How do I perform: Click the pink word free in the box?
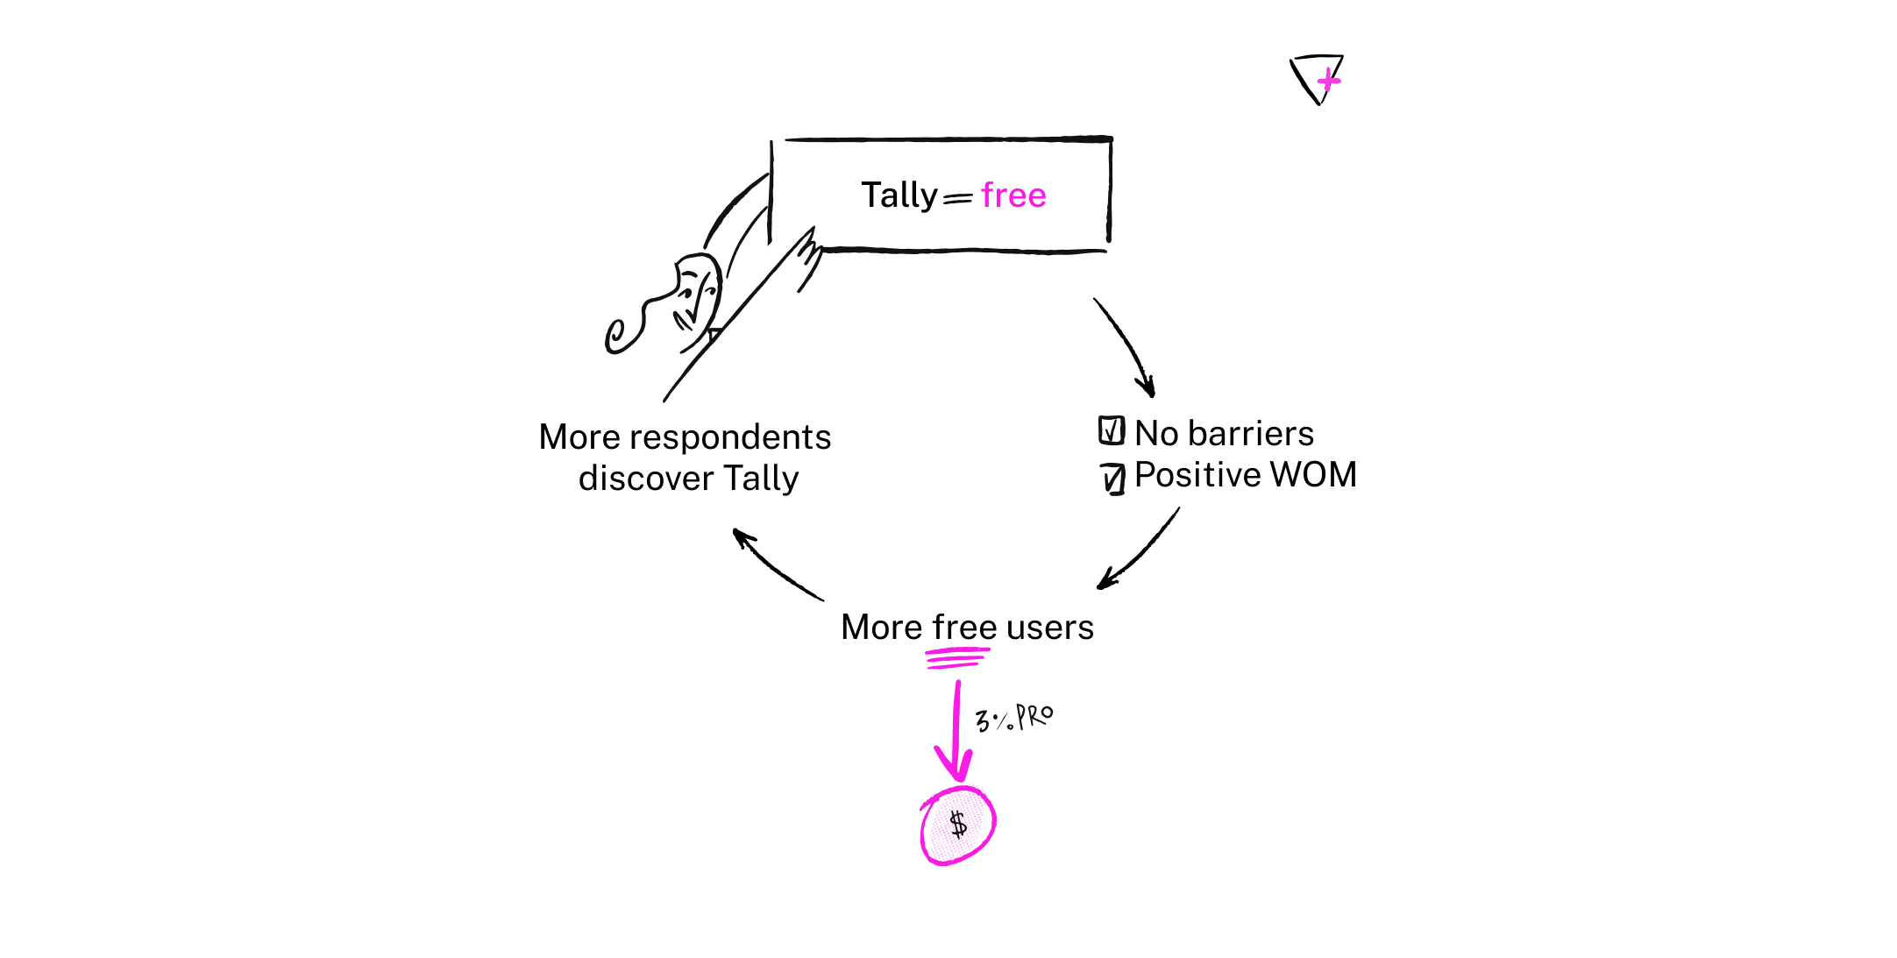point(1013,195)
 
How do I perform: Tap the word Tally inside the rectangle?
point(899,195)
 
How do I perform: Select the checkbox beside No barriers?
point(1112,430)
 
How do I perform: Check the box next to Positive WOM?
point(1112,479)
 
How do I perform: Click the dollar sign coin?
point(957,825)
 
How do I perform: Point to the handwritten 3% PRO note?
point(1014,719)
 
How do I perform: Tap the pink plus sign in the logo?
point(1329,81)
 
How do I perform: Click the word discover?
point(646,479)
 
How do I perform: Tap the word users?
point(1050,628)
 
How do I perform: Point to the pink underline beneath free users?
point(957,658)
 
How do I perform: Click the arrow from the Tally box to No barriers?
point(1129,344)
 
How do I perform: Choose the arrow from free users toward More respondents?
point(774,566)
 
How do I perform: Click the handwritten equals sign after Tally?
point(957,199)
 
